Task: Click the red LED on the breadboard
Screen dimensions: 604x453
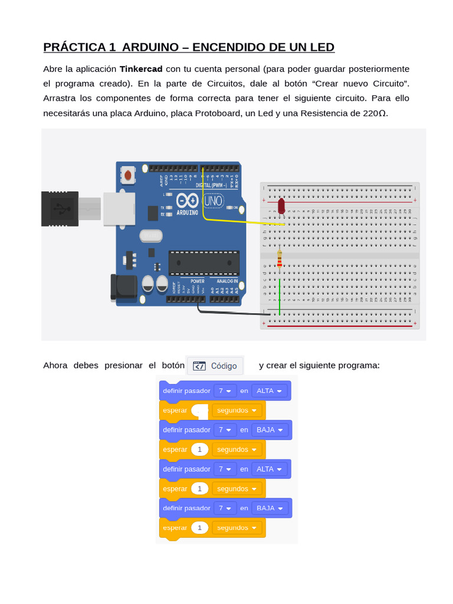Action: (x=281, y=205)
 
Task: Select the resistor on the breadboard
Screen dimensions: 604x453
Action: (x=280, y=258)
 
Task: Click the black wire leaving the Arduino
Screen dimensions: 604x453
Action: (x=230, y=311)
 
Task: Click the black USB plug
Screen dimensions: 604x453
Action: (x=60, y=208)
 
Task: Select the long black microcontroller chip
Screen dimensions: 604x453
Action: (x=203, y=263)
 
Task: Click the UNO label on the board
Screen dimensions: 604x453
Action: (x=213, y=202)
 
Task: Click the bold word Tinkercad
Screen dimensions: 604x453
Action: (x=141, y=69)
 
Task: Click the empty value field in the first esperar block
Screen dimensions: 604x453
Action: (x=201, y=410)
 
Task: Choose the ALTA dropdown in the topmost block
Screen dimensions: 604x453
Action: (x=270, y=390)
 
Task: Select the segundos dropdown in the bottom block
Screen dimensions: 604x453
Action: (x=237, y=527)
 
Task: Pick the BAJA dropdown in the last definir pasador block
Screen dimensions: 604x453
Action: (x=270, y=508)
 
